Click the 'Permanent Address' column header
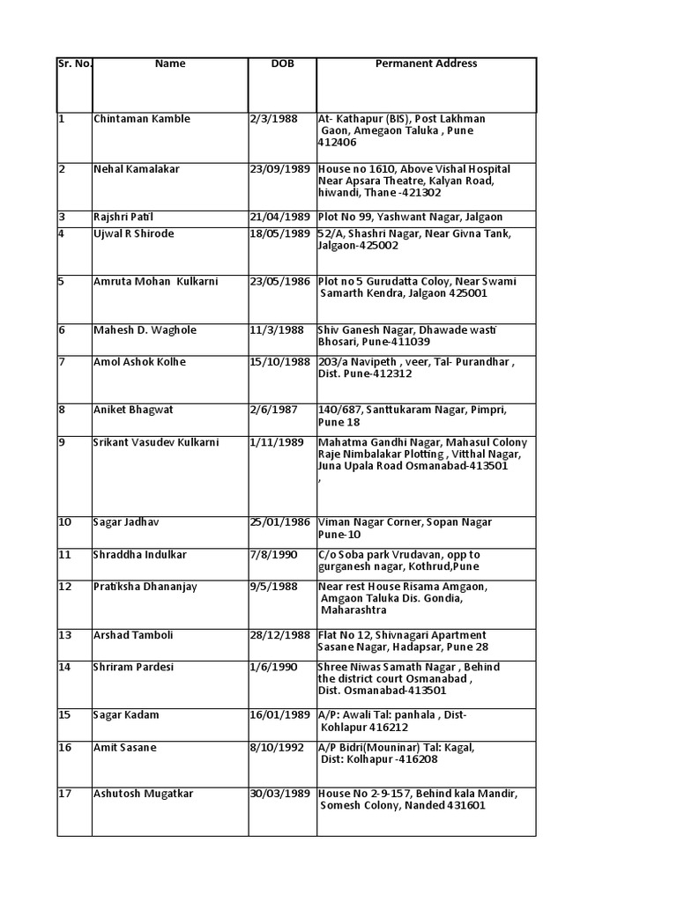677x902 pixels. [x=426, y=63]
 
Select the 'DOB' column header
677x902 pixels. [x=282, y=63]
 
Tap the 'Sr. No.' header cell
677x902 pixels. [x=75, y=63]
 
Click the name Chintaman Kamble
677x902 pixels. [x=142, y=119]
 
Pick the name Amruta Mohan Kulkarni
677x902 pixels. [x=156, y=282]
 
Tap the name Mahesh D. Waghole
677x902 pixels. [x=145, y=330]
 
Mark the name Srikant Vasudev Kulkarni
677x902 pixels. [x=157, y=442]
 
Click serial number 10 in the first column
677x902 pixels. [x=65, y=522]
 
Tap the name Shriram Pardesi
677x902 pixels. [x=134, y=667]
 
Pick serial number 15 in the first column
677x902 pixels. [x=65, y=715]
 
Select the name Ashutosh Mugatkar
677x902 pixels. [x=144, y=795]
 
